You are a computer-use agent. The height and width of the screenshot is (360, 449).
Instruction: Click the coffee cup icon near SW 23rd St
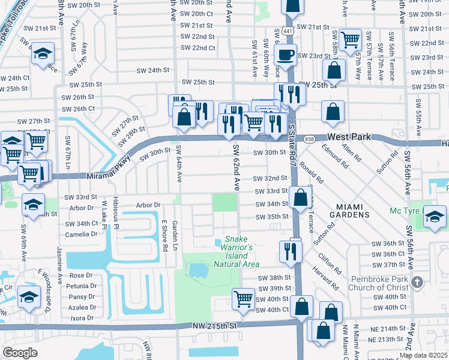(285, 55)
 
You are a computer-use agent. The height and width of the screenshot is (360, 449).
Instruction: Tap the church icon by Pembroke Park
(418, 282)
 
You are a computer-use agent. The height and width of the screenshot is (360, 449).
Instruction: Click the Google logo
(19, 353)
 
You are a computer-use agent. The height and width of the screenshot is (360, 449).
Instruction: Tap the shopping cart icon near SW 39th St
(243, 298)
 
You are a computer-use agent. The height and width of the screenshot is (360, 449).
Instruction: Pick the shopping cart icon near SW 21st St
(349, 40)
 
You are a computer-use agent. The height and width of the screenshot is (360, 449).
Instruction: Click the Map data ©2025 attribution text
(423, 355)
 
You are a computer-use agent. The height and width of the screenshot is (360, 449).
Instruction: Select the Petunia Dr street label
(82, 286)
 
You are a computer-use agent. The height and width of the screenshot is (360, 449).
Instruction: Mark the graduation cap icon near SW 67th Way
(43, 53)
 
